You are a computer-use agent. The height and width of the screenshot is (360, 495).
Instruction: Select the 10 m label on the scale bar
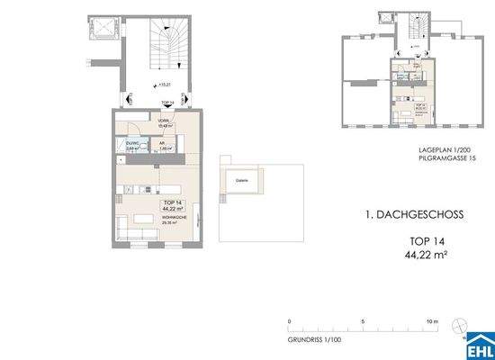pos(432,321)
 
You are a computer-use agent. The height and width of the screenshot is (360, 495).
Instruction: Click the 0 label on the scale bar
pos(290,321)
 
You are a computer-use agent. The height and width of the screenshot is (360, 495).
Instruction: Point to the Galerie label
pos(241,180)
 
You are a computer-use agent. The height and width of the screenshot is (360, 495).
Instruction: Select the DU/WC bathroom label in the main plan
pos(130,144)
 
